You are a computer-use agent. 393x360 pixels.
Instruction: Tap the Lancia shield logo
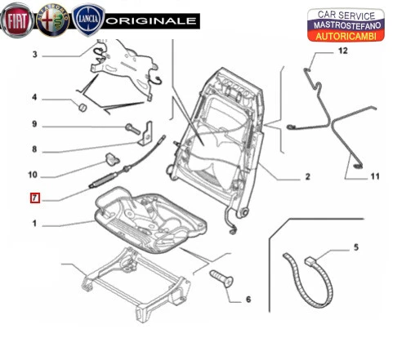tap(87, 18)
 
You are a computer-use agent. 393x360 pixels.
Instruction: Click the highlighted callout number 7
tap(34, 198)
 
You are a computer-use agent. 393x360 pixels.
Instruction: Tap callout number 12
tap(343, 51)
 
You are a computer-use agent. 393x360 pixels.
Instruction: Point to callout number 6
tap(248, 300)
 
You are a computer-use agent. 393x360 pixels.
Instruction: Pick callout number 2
tap(308, 176)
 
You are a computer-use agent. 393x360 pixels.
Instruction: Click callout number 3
tap(34, 56)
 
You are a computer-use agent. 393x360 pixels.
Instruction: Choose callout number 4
tap(34, 98)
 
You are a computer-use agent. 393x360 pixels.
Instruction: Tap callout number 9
tap(34, 125)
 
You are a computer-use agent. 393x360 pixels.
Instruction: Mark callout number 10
tap(34, 174)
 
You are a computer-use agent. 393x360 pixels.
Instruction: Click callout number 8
tap(34, 149)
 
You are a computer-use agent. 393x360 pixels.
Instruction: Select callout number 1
tap(34, 223)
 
